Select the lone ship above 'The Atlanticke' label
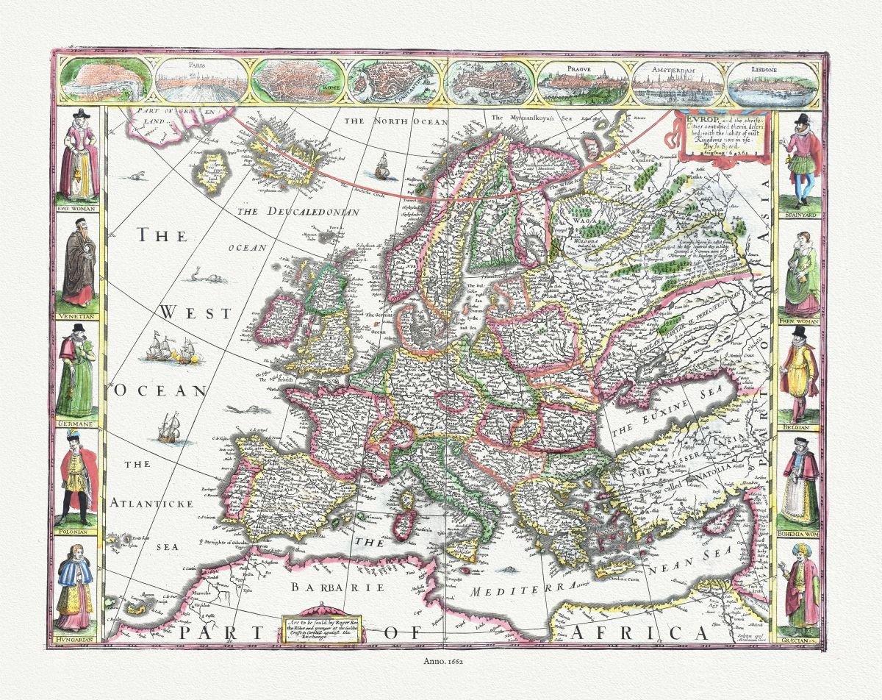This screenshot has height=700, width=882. tap(168, 428)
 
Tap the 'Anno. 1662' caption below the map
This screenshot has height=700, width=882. tap(441, 661)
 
